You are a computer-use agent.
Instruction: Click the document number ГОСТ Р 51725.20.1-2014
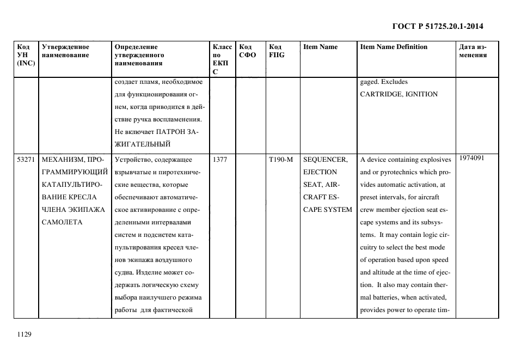coord(438,26)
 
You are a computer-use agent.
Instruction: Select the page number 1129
coord(26,334)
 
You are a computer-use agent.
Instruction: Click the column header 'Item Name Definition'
coord(394,47)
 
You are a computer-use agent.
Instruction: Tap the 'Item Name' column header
coord(320,47)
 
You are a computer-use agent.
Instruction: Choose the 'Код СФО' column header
coord(248,51)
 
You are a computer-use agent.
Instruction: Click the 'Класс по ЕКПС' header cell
coord(222,59)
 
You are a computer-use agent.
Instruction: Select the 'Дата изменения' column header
coord(473,51)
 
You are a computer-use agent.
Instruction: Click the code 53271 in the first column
coord(26,160)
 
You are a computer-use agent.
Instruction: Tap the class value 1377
coord(220,160)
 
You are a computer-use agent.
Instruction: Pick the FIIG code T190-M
coord(281,160)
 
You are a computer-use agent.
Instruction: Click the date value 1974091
coord(471,158)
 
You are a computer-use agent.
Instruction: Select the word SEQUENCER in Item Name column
coord(325,160)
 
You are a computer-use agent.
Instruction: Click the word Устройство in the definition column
coord(133,160)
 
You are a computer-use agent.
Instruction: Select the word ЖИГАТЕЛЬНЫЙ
coord(143,144)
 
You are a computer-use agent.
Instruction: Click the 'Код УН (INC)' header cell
coord(26,55)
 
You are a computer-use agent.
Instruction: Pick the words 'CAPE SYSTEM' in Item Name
coord(327,210)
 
